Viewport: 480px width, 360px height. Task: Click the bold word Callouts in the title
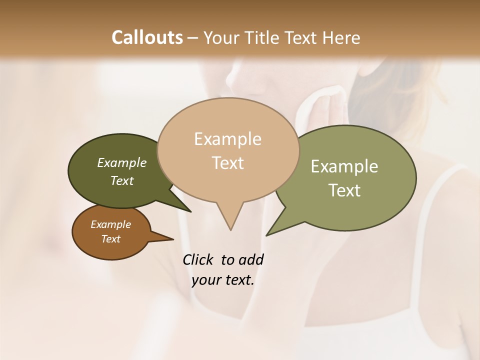tap(147, 37)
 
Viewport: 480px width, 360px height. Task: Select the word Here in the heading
tap(340, 37)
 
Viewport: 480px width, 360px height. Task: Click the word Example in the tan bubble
tap(227, 139)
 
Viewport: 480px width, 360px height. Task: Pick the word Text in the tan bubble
tap(227, 163)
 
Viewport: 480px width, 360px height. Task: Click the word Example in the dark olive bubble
tap(121, 163)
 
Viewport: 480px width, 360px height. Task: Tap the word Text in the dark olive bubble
tap(121, 181)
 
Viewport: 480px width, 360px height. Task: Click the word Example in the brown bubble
tap(110, 224)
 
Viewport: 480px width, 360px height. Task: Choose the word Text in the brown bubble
tap(110, 239)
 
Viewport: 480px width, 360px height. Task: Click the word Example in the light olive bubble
tap(344, 166)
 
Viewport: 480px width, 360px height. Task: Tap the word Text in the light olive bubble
tap(344, 190)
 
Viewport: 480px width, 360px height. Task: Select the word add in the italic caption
tap(250, 259)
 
